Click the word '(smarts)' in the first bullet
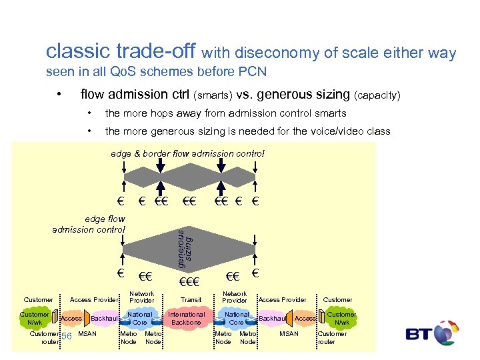click(x=216, y=95)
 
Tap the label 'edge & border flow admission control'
click(x=187, y=153)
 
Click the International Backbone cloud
click(x=187, y=318)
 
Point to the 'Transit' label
click(x=191, y=300)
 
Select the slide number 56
click(x=66, y=336)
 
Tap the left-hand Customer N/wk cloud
click(x=34, y=318)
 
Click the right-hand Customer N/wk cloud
click(x=341, y=318)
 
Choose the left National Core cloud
click(x=139, y=318)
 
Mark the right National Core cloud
click(x=236, y=318)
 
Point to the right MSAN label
click(x=289, y=333)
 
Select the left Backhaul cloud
click(x=104, y=319)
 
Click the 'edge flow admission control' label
click(x=89, y=224)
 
